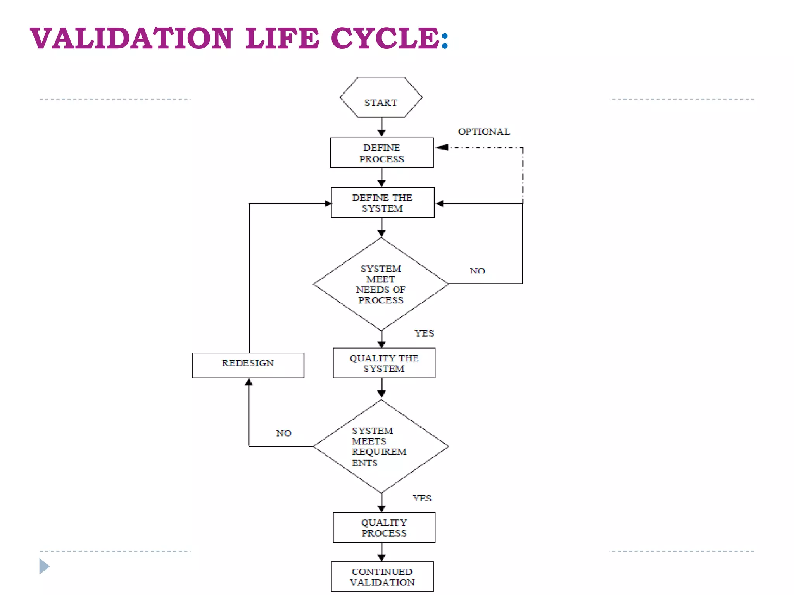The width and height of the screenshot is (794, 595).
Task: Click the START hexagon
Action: pyautogui.click(x=381, y=98)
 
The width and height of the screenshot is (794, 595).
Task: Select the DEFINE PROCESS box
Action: pyautogui.click(x=381, y=153)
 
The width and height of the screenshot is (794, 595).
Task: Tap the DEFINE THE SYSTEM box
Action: pyautogui.click(x=382, y=203)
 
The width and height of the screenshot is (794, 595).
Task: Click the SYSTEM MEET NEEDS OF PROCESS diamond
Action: pyautogui.click(x=381, y=284)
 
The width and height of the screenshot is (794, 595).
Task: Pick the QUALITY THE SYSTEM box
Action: pyautogui.click(x=384, y=363)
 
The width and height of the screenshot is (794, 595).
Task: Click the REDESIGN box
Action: pyautogui.click(x=248, y=365)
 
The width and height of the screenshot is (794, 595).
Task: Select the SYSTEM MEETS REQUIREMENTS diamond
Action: pyautogui.click(x=381, y=446)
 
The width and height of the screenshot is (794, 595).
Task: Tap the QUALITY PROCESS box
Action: pyautogui.click(x=384, y=528)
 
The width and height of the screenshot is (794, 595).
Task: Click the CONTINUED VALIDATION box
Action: pyautogui.click(x=382, y=577)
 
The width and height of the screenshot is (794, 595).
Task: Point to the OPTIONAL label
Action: pyautogui.click(x=484, y=132)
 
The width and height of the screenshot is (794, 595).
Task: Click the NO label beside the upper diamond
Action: pyautogui.click(x=477, y=271)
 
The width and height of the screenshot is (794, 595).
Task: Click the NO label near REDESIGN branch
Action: pyautogui.click(x=283, y=433)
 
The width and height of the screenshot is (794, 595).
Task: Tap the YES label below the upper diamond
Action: pyautogui.click(x=424, y=333)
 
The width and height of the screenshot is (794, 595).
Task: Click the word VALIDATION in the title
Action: pyautogui.click(x=132, y=38)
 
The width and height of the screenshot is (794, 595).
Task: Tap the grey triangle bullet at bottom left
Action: pyautogui.click(x=44, y=566)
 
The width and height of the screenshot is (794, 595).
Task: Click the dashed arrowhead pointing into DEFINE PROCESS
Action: pyautogui.click(x=442, y=148)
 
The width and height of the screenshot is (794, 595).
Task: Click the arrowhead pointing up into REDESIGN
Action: pyautogui.click(x=249, y=383)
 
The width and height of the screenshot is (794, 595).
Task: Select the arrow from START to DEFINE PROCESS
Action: pyautogui.click(x=381, y=127)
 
